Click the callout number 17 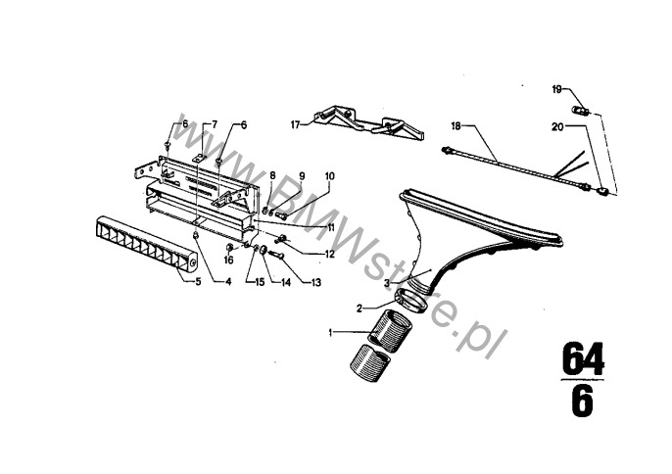pos(295,124)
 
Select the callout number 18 pos(456,126)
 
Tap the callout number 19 pos(556,89)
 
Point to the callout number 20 pos(557,127)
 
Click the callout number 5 pos(198,282)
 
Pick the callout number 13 pos(315,282)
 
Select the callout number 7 pos(215,124)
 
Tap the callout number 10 pos(329,176)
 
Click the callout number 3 pos(387,283)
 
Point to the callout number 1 pos(330,333)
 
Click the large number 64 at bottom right pos(583,359)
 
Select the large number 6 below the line pos(583,401)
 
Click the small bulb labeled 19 pos(582,110)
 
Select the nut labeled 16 pos(229,247)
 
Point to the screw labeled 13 pos(277,255)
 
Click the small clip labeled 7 pos(199,158)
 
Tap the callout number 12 pos(329,255)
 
